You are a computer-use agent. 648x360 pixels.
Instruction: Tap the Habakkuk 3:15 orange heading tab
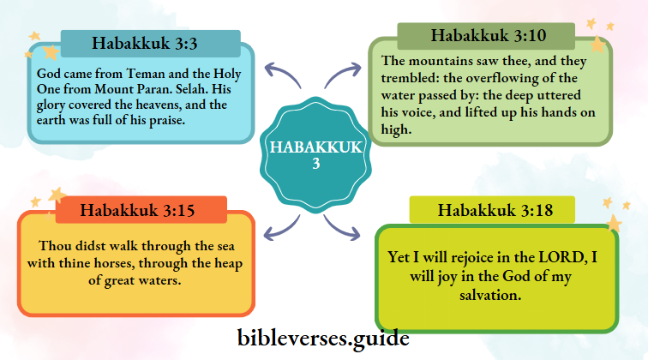click(141, 210)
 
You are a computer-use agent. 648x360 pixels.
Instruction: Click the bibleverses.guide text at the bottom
click(323, 337)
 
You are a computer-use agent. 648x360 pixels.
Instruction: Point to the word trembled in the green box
click(411, 76)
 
